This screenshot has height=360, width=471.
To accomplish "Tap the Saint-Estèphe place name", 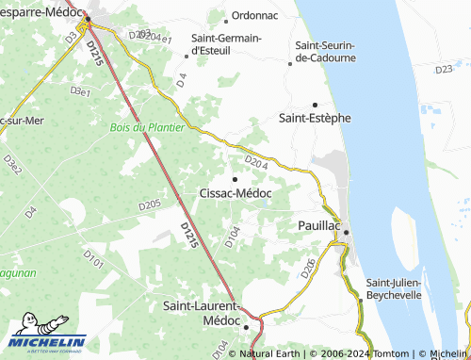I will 316,119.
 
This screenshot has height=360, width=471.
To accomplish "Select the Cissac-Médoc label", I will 235,193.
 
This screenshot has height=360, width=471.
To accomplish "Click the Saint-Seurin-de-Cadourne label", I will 325,51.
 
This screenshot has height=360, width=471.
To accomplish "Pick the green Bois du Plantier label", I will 147,127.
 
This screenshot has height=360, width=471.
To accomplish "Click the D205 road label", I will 150,205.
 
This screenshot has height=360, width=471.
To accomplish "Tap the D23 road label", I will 446,70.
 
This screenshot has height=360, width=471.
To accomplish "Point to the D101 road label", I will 92,257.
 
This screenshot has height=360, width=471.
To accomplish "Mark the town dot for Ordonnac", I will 226,17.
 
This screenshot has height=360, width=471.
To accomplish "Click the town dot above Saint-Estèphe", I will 315,104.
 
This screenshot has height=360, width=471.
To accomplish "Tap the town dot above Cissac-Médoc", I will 235,178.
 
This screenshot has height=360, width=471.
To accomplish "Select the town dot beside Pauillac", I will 346,231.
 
